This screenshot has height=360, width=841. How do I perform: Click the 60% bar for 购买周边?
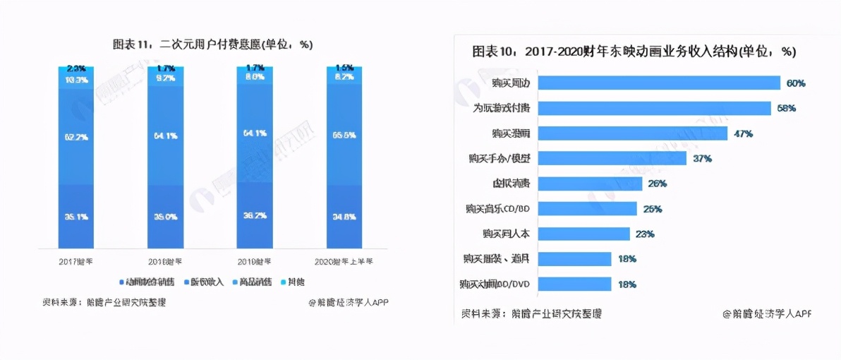click(660, 83)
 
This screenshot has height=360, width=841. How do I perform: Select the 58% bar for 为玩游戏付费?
click(655, 108)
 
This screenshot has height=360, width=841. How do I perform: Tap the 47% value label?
click(743, 133)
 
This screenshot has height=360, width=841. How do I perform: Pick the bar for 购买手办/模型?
click(614, 158)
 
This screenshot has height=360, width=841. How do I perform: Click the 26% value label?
click(658, 184)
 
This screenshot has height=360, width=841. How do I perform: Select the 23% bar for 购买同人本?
click(585, 234)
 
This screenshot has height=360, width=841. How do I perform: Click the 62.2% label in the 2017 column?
click(76, 137)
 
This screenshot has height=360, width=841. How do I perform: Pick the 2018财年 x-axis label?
click(165, 261)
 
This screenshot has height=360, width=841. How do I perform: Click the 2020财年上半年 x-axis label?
click(344, 261)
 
